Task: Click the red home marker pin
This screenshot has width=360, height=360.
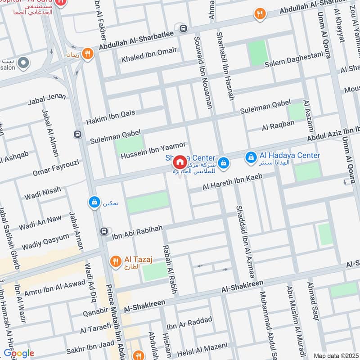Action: coord(180,162)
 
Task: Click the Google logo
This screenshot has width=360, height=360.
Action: coord(18,353)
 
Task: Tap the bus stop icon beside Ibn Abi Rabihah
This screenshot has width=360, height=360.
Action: coord(104,231)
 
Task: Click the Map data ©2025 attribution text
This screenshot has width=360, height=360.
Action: coord(336,356)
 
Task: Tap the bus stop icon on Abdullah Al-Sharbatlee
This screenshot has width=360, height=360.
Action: coord(183,28)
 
